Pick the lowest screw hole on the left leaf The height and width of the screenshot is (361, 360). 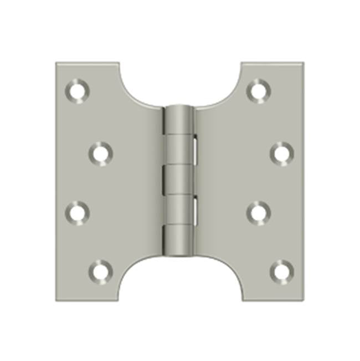click(100, 271)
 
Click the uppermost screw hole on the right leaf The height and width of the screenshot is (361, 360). click(258, 89)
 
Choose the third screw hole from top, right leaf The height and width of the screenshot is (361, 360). click(258, 211)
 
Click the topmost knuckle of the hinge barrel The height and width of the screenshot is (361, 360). click(179, 119)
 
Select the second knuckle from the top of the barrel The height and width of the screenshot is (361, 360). click(179, 149)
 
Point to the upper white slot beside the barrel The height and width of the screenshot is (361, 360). click(196, 149)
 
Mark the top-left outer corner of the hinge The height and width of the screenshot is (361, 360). click(56, 63)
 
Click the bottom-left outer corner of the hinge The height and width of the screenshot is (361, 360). click(56, 301)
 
